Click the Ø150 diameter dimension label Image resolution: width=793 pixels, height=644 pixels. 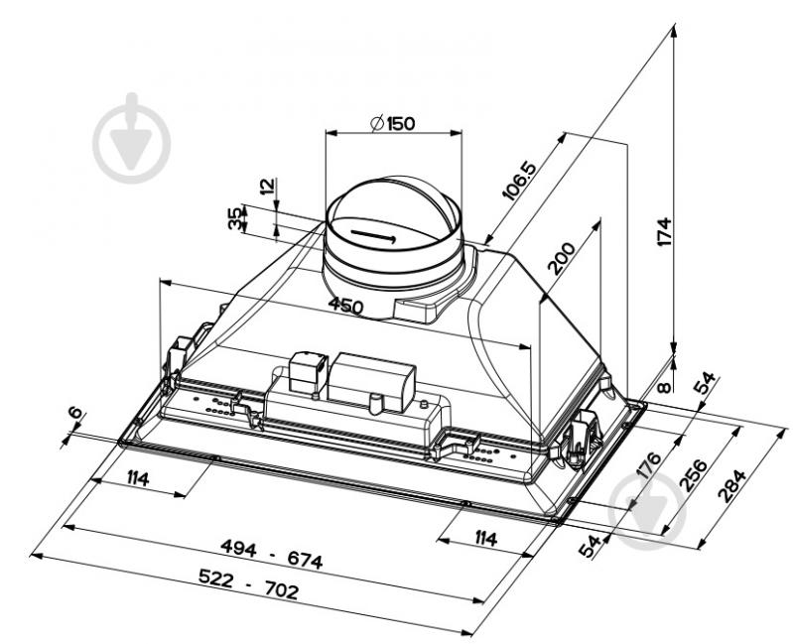click(392, 123)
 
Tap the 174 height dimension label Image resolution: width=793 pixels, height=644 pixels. click(664, 231)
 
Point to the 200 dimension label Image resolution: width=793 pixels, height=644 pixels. click(562, 258)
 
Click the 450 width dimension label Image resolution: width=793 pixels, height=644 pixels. click(345, 306)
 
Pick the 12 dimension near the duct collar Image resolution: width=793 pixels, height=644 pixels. click(268, 186)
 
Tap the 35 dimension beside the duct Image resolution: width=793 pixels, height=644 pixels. click(235, 219)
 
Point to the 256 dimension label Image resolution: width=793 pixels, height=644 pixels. click(693, 474)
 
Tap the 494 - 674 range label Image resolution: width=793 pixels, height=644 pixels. click(272, 553)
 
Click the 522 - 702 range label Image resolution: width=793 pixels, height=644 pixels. click(248, 583)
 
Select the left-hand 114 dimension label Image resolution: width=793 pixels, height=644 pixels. click(138, 477)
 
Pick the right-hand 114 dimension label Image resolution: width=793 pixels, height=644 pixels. click(485, 538)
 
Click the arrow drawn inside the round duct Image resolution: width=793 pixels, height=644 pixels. click(373, 235)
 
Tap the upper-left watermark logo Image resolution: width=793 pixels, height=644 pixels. click(131, 138)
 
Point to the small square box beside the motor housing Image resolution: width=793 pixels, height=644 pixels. click(308, 372)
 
